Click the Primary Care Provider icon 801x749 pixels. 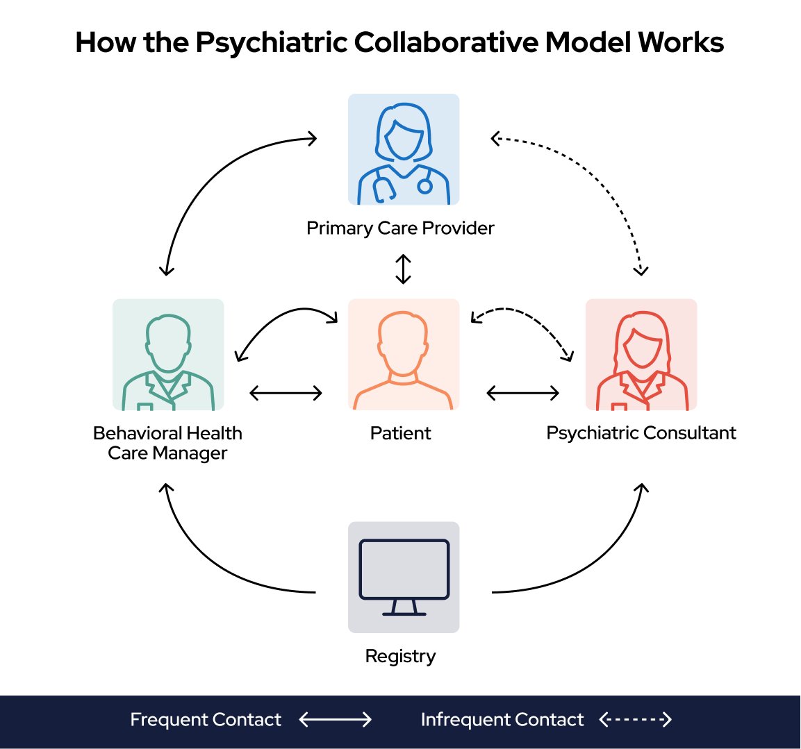(x=404, y=149)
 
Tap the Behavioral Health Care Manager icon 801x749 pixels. (x=168, y=355)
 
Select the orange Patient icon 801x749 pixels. (x=404, y=355)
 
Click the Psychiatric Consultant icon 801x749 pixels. (x=641, y=355)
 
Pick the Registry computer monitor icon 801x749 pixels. (x=404, y=578)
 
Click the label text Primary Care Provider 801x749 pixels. (x=400, y=228)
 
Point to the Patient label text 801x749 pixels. (x=400, y=433)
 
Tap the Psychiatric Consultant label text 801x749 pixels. (x=641, y=433)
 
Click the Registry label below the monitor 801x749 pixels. (x=400, y=657)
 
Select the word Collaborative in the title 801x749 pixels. (x=446, y=42)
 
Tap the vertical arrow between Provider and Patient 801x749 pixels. (x=404, y=269)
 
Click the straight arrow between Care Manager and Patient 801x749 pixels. (x=286, y=393)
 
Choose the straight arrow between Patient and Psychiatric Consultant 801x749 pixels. (x=522, y=393)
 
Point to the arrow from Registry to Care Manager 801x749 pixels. (x=204, y=562)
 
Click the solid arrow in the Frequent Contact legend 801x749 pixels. (x=335, y=719)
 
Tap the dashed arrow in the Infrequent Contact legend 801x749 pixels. (x=635, y=719)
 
